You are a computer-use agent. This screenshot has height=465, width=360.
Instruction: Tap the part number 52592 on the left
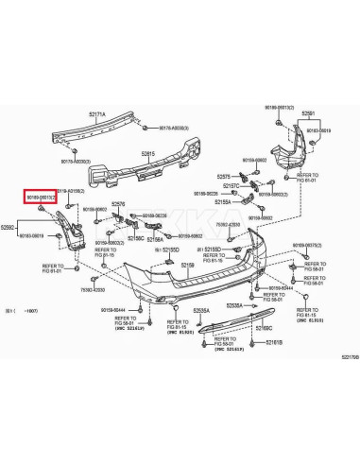point(9,228)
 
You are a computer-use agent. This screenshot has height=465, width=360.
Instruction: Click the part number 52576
point(118,203)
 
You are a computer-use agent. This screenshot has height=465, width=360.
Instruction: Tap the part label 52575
point(224,177)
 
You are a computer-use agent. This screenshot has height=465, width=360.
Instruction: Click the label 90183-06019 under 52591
point(318,130)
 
